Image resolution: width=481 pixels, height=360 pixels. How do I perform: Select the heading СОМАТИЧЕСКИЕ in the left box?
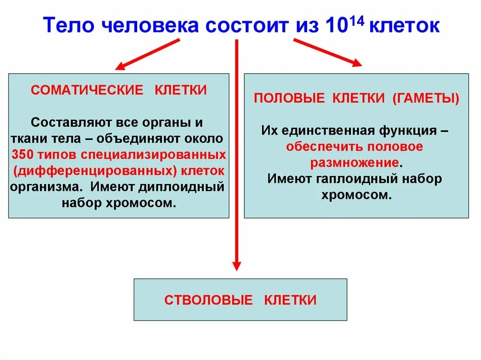pyautogui.click(x=87, y=90)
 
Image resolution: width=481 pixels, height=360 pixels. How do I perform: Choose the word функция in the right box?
pyautogui.click(x=407, y=130)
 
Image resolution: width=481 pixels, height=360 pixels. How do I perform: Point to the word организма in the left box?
pyautogui.click(x=44, y=187)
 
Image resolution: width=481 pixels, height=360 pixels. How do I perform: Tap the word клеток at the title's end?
pyautogui.click(x=404, y=25)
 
